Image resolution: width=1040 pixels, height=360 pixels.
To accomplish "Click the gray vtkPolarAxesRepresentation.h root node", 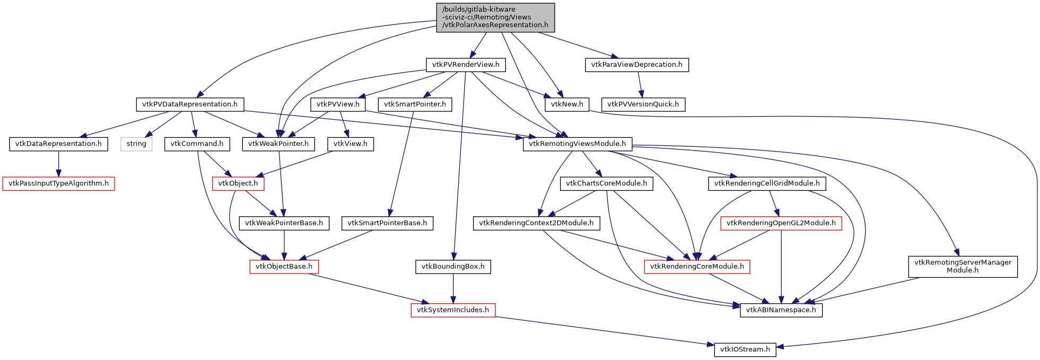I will pyautogui.click(x=495, y=17).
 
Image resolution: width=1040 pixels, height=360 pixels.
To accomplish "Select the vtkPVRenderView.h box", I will pyautogui.click(x=466, y=65).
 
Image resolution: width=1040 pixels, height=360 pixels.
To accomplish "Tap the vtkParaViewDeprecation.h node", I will pyautogui.click(x=636, y=65).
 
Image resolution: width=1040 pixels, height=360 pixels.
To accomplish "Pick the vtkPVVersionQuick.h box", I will pyautogui.click(x=643, y=104).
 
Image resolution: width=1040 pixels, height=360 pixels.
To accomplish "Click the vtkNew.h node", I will pyautogui.click(x=566, y=104).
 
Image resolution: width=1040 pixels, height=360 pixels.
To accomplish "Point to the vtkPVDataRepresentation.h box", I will pyautogui.click(x=190, y=104).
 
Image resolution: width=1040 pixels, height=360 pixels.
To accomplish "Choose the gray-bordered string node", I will pyautogui.click(x=136, y=144).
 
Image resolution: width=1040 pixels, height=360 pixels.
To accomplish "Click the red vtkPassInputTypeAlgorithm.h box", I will pyautogui.click(x=58, y=183).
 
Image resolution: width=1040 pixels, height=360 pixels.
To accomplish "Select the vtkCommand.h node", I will pyautogui.click(x=197, y=144).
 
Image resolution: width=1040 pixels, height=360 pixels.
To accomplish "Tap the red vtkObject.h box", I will pyautogui.click(x=238, y=183).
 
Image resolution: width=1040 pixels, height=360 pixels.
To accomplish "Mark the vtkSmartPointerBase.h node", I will pyautogui.click(x=387, y=223).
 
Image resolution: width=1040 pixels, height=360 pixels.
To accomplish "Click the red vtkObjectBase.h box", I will pyautogui.click(x=284, y=267).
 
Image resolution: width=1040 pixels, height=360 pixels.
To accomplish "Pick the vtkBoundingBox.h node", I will pyautogui.click(x=453, y=267).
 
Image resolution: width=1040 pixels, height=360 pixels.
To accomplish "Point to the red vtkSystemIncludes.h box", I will pyautogui.click(x=453, y=310).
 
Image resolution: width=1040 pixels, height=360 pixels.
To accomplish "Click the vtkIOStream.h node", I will pyautogui.click(x=745, y=349).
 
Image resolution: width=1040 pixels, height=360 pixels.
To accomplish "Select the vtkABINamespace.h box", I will pyautogui.click(x=781, y=310).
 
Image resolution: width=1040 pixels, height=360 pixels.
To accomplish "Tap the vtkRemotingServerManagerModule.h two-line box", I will pyautogui.click(x=963, y=267).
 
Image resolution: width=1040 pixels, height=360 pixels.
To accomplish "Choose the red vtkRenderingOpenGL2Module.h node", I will pyautogui.click(x=781, y=223).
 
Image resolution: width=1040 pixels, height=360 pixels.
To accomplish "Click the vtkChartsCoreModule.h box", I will pyautogui.click(x=606, y=183).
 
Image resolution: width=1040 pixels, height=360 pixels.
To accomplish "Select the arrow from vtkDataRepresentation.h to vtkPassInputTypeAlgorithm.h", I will pyautogui.click(x=58, y=164).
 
